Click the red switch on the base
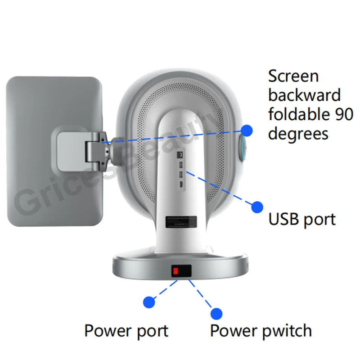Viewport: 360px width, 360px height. click(x=175, y=271)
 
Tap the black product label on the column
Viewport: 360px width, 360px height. click(x=181, y=222)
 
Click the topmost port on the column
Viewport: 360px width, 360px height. click(x=180, y=155)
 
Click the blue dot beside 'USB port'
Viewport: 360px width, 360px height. click(x=257, y=207)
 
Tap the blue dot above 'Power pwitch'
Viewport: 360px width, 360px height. click(x=217, y=314)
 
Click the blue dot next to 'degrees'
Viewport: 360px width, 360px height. click(x=247, y=130)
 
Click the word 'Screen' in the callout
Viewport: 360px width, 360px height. click(x=293, y=76)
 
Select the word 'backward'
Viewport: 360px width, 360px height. click(x=304, y=95)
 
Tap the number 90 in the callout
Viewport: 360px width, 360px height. click(x=344, y=114)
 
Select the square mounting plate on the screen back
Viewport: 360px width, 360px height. click(x=72, y=151)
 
